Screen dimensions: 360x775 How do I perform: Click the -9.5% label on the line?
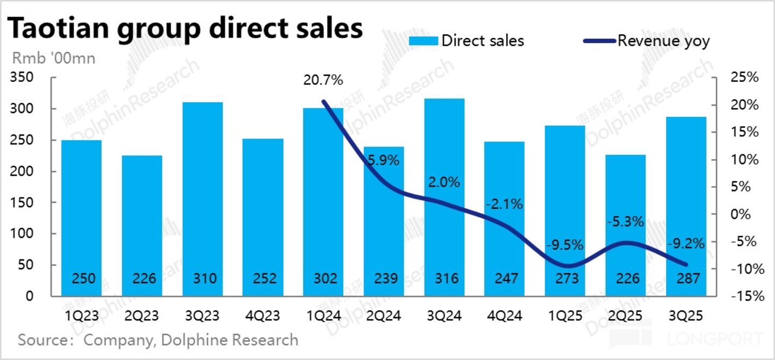click(x=565, y=245)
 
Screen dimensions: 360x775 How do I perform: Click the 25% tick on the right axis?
click(x=744, y=77)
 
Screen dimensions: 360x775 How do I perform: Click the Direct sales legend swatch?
click(x=423, y=41)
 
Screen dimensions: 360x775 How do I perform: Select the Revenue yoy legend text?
click(x=664, y=41)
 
